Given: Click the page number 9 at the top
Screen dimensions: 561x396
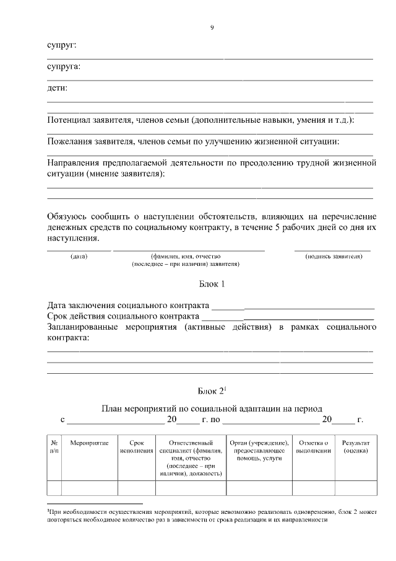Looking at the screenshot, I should click(x=212, y=27).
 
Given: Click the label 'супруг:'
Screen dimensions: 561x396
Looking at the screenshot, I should click(x=62, y=46).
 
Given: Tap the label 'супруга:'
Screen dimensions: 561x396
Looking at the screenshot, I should click(x=64, y=66).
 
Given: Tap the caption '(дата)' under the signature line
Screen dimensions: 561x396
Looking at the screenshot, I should click(x=79, y=255).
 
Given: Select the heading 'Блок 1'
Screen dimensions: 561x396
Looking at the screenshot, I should click(x=211, y=285).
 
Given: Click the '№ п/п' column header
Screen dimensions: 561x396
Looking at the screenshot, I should click(x=54, y=447).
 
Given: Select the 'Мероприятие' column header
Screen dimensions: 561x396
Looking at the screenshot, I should click(x=89, y=443).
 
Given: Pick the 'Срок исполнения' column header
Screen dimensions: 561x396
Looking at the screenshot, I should click(x=137, y=447).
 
